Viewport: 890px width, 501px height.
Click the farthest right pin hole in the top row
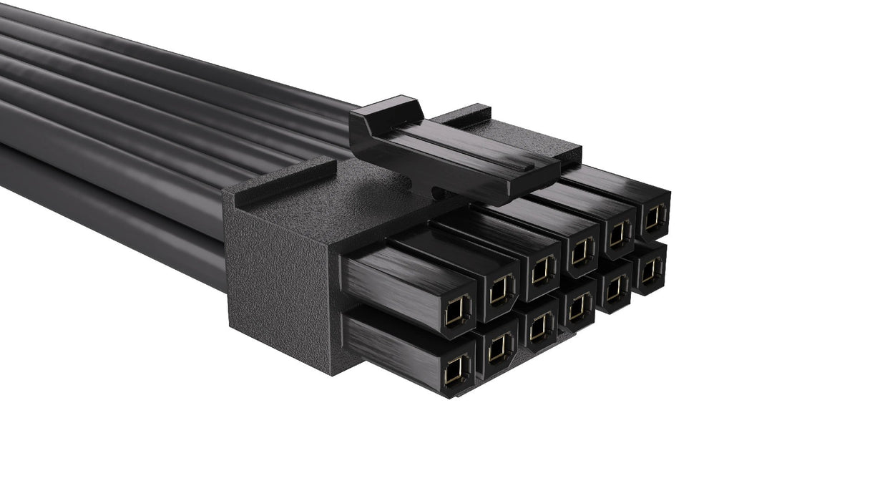pyautogui.click(x=653, y=218)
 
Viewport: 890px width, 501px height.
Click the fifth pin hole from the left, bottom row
pyautogui.click(x=615, y=288)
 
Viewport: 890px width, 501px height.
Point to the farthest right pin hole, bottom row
pyautogui.click(x=650, y=271)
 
